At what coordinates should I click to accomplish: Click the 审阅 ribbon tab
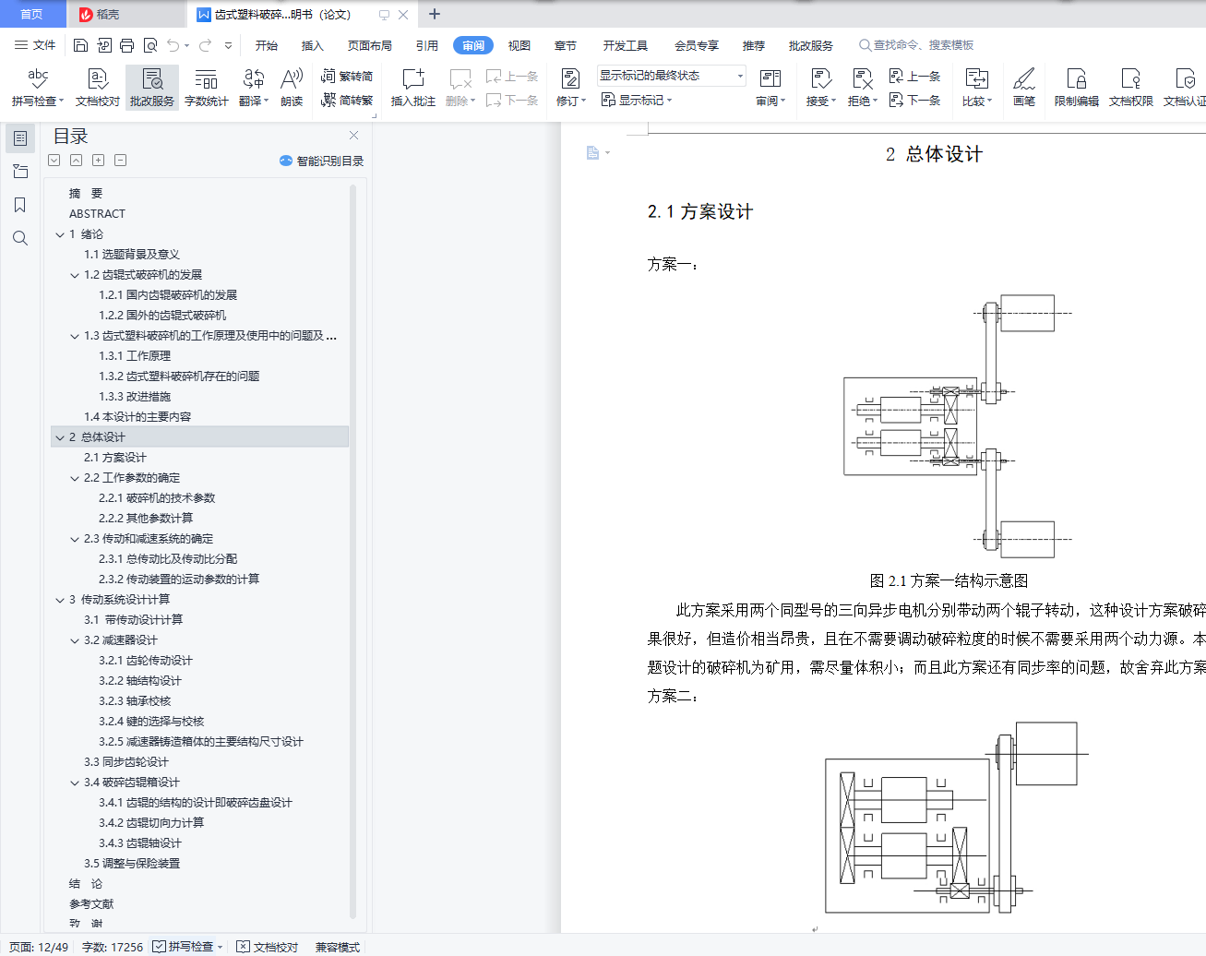pyautogui.click(x=473, y=45)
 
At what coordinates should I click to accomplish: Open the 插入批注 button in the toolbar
pyautogui.click(x=413, y=88)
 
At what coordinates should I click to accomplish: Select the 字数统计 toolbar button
pyautogui.click(x=207, y=88)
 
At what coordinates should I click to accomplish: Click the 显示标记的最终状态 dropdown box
pyautogui.click(x=672, y=76)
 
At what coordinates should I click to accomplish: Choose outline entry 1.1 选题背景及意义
pyautogui.click(x=132, y=255)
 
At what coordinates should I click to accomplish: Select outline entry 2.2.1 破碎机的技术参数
pyautogui.click(x=157, y=498)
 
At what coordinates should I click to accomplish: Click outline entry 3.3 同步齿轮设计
pyautogui.click(x=126, y=762)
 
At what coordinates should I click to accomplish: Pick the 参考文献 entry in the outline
pyautogui.click(x=91, y=904)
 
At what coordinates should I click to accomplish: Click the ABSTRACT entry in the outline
pyautogui.click(x=97, y=213)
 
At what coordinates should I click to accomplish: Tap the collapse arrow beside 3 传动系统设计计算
pyautogui.click(x=60, y=600)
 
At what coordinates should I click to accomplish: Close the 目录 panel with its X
pyautogui.click(x=353, y=136)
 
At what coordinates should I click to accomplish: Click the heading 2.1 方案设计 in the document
pyautogui.click(x=700, y=212)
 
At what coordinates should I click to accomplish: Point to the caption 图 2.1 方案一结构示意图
pyautogui.click(x=949, y=581)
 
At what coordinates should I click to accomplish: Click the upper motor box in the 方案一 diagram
pyautogui.click(x=1027, y=313)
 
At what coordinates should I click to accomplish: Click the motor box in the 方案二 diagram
pyautogui.click(x=1046, y=754)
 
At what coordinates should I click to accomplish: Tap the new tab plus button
pyautogui.click(x=435, y=14)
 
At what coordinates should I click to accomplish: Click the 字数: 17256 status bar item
pyautogui.click(x=112, y=947)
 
